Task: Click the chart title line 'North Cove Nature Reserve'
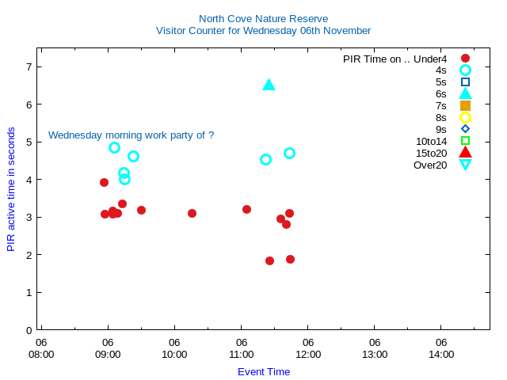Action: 263,18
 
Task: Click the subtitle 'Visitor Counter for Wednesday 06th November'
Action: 263,31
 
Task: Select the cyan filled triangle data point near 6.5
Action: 269,85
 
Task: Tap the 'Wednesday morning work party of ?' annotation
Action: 131,135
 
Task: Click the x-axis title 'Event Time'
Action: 264,372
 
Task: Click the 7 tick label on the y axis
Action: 29,66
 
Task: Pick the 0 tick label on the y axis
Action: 29,330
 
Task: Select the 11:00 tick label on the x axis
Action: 241,354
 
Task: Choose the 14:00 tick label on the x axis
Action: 441,354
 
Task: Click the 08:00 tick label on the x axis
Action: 41,354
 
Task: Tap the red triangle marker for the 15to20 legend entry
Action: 465,153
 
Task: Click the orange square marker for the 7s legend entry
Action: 465,105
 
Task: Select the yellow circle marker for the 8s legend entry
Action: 465,117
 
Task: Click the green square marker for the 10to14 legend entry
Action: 465,141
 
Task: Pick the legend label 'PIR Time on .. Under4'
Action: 395,59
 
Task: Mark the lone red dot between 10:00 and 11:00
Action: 192,213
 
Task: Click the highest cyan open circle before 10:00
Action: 114,147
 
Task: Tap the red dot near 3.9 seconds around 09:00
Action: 104,182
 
